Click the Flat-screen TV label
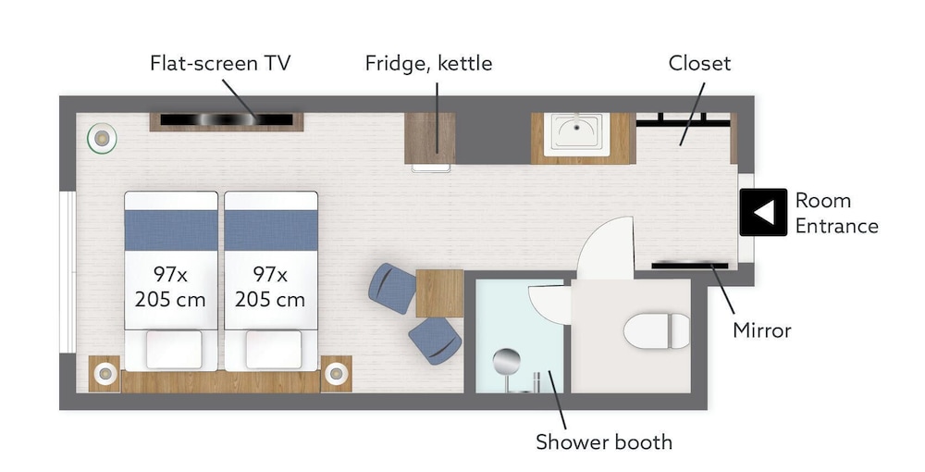(x=220, y=63)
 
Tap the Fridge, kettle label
(x=428, y=63)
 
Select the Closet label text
(x=699, y=63)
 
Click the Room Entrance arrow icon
(x=763, y=213)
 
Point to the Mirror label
(x=761, y=330)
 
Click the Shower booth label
(x=604, y=441)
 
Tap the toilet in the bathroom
(x=657, y=331)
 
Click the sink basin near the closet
(x=576, y=134)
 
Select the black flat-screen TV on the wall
(x=227, y=119)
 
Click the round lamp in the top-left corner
(x=102, y=139)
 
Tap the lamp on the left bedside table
(x=105, y=373)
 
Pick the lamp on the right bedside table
(x=336, y=373)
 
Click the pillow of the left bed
(x=174, y=350)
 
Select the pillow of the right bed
(x=274, y=350)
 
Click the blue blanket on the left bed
(x=171, y=230)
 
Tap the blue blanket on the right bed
(x=271, y=230)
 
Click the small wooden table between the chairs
(x=439, y=293)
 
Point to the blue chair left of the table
(x=391, y=288)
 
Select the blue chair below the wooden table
(x=436, y=341)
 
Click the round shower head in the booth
(x=507, y=361)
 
